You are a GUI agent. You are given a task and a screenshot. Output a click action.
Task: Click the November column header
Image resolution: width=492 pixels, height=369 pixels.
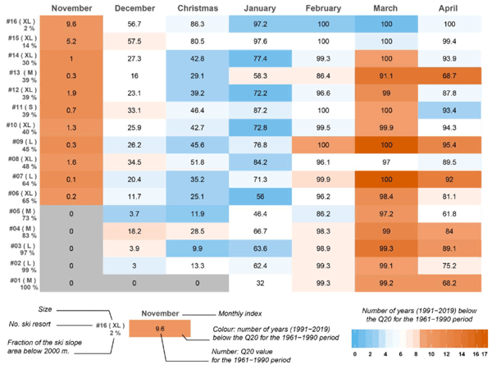coord(71,7)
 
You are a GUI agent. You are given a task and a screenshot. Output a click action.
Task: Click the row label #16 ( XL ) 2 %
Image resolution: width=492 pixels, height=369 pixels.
coord(19,25)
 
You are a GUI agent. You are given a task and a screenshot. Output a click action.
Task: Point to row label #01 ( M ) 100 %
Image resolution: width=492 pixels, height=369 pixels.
coord(19,283)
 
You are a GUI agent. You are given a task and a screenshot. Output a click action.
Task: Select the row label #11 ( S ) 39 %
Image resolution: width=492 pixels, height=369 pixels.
coord(19,111)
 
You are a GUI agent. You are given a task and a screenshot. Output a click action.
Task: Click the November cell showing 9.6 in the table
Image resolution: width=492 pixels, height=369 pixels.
coord(71,25)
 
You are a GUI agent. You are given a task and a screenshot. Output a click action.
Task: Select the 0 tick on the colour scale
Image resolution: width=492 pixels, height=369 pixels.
coord(354,353)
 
